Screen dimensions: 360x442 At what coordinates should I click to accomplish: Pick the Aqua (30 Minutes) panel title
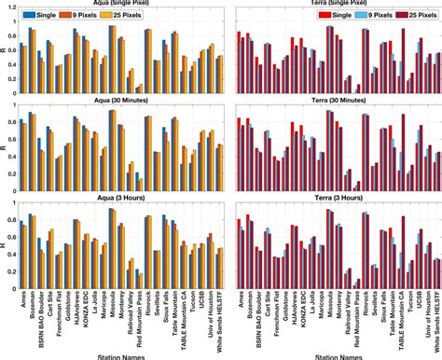pyautogui.click(x=118, y=100)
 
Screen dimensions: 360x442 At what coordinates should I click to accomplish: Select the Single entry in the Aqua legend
pyautogui.click(x=44, y=16)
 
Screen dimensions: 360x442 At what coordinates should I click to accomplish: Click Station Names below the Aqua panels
pyautogui.click(x=118, y=353)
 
